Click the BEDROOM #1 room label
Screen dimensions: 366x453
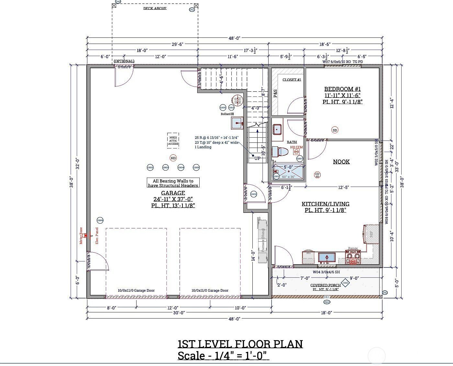(x=342, y=89)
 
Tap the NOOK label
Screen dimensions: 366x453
(x=341, y=162)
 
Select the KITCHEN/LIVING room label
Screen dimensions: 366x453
(x=326, y=204)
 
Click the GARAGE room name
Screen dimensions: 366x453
(x=173, y=193)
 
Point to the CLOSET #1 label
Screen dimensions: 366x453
(x=292, y=80)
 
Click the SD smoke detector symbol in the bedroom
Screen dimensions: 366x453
(x=335, y=130)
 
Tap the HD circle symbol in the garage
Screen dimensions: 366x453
(x=173, y=158)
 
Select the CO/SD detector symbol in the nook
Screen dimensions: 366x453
(x=317, y=175)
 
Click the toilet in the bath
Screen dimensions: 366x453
(x=280, y=152)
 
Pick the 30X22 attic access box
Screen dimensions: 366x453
(x=173, y=141)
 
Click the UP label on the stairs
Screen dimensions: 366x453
(x=257, y=158)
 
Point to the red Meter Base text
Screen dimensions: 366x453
(x=81, y=236)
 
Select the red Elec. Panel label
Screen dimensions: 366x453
(x=97, y=236)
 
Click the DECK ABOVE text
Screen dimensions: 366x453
(x=155, y=8)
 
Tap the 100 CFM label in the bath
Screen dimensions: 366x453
(x=296, y=147)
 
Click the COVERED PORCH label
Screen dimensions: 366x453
(x=326, y=285)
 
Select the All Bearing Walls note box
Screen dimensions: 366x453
(x=173, y=183)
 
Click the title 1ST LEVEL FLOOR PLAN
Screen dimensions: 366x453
(x=240, y=344)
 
